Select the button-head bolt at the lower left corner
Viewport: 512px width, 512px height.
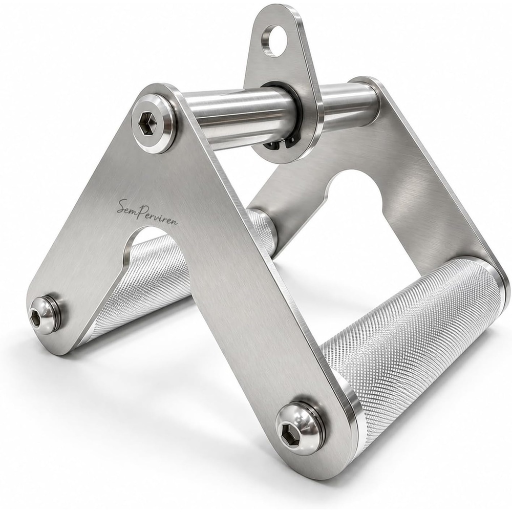point(44,315)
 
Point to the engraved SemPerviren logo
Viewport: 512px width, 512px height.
point(147,212)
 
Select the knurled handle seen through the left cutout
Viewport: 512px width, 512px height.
point(144,281)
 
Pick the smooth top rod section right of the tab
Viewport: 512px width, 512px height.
point(348,104)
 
